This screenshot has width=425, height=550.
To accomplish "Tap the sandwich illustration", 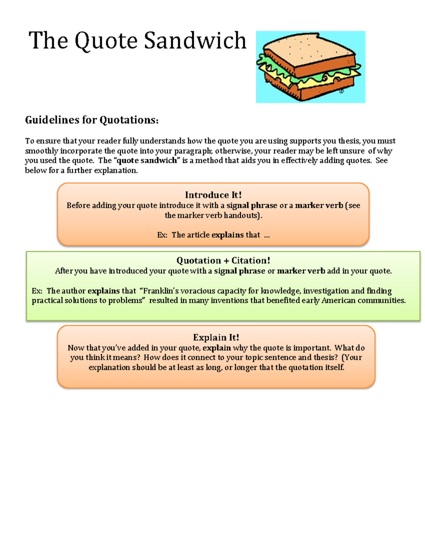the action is [310, 67].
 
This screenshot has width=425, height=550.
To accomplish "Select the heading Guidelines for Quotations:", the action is [92, 120].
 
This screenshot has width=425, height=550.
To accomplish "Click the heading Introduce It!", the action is [213, 195].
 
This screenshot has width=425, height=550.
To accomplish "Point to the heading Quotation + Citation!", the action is [223, 261].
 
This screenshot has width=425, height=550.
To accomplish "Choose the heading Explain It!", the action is [216, 337].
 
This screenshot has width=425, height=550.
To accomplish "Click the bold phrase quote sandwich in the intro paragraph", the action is [147, 160].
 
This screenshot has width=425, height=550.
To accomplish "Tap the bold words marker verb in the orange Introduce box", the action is [319, 205].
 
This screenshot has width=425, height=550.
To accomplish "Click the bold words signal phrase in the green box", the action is [239, 271].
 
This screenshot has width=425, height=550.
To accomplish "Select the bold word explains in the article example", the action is [227, 235].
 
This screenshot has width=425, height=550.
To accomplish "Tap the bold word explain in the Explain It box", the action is [216, 348].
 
